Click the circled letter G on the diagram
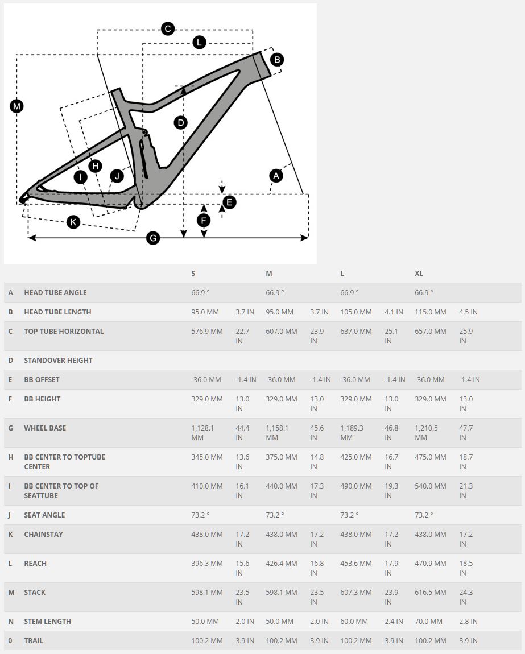coord(152,238)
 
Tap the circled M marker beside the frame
coord(17,106)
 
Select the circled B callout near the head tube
coord(276,60)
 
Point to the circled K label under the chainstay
coord(73,222)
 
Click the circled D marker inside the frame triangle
coord(180,122)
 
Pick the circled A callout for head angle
coord(276,176)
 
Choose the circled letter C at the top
coord(167,29)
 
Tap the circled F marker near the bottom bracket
coord(203,221)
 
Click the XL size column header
coord(419,274)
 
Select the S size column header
coord(193,274)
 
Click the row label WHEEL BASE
coord(45,428)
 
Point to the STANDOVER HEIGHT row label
coord(58,361)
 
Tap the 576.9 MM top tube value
coord(207,332)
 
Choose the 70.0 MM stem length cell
coord(429,622)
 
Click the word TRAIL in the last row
coord(34,641)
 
